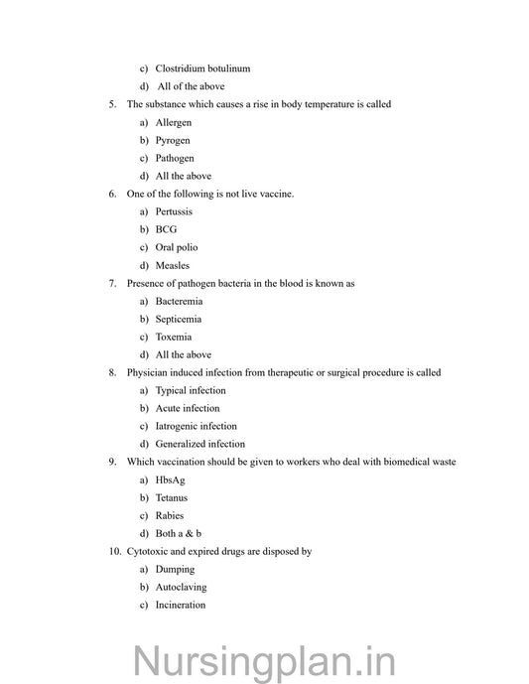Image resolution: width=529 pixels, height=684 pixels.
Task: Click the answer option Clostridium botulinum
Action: point(202,68)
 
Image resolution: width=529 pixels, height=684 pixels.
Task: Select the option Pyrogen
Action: point(173,140)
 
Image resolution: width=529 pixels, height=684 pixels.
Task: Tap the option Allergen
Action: point(174,122)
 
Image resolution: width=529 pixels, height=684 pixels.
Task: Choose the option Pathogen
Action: point(175,158)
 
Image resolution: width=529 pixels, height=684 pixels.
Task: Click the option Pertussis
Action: point(174,211)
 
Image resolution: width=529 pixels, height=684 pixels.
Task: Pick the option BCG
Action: point(166,229)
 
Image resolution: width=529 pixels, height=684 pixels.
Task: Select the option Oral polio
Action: point(177,247)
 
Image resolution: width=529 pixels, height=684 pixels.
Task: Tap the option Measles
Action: point(173,265)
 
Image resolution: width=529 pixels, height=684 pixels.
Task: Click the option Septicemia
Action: point(179,319)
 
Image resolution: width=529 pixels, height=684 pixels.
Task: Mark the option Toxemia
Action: point(174,337)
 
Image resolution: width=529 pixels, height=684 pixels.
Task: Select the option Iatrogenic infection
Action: point(196,426)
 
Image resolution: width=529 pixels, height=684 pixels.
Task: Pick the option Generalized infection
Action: point(199,444)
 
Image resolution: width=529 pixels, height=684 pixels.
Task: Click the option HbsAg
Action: point(171,479)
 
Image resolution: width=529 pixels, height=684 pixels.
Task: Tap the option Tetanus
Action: point(172,497)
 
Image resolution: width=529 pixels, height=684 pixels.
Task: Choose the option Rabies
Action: point(170,515)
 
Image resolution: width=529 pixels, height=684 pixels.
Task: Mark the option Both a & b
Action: point(179,533)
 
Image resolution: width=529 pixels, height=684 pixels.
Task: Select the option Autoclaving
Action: point(181,587)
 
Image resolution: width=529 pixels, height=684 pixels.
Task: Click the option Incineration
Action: point(181,605)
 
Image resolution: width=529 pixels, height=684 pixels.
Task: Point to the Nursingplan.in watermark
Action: point(265,659)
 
